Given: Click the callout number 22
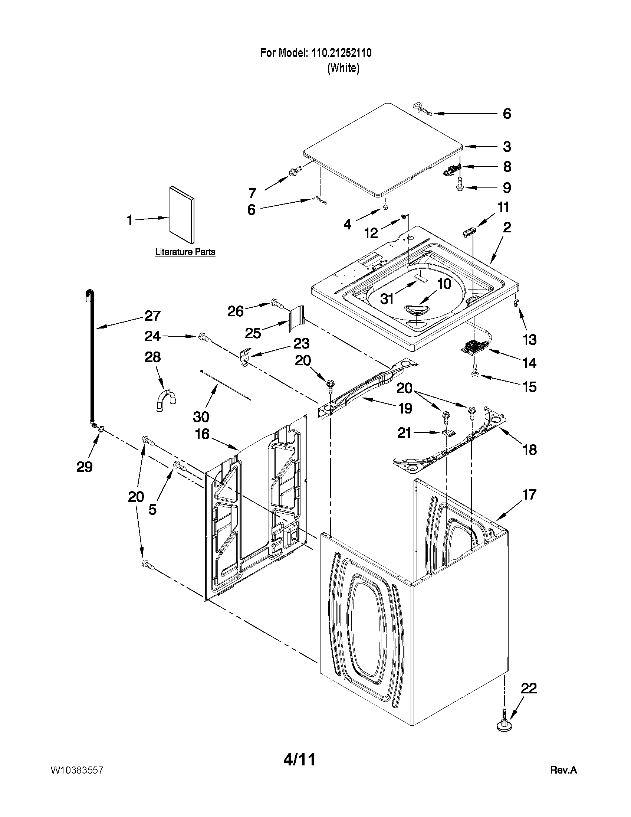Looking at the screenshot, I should pos(529,688).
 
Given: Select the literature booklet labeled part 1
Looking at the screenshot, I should pos(182,215).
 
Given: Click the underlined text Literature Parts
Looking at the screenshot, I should pos(185,252).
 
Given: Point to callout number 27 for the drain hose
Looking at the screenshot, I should pos(152,316).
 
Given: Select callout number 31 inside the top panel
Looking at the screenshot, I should pos(387,298).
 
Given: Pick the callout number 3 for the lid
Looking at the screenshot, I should pos(506,147).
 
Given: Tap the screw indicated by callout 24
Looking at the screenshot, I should pos(204,337).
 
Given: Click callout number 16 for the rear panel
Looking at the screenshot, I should pos(202,434).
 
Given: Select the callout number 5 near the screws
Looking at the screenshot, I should pos(152,509).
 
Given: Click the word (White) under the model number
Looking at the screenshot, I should pos(343,68).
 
